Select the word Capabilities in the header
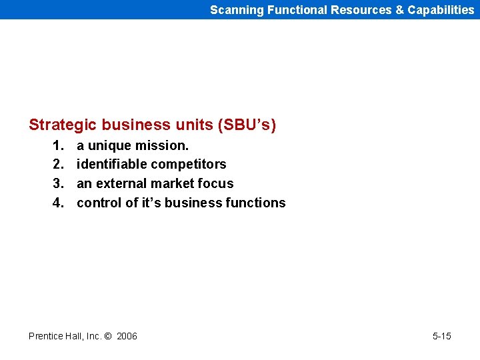click(x=441, y=10)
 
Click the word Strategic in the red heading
click(x=63, y=125)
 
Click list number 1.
click(x=58, y=145)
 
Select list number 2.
click(x=58, y=165)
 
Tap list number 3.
click(x=58, y=183)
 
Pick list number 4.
click(x=58, y=203)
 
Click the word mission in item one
click(x=164, y=145)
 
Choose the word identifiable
click(x=112, y=165)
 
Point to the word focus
click(x=216, y=183)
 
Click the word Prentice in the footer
click(x=46, y=336)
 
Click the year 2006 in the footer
click(x=127, y=336)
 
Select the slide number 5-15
click(x=441, y=336)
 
